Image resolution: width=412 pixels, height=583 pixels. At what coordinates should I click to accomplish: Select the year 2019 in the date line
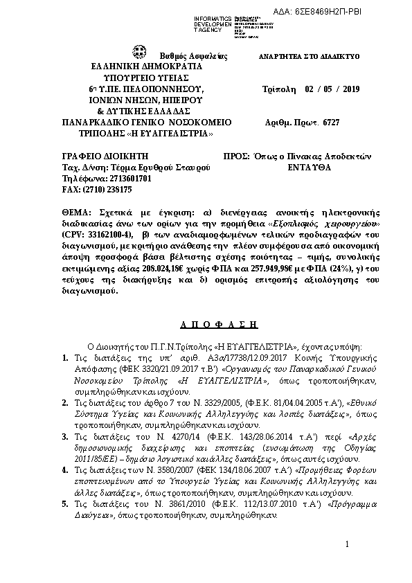pyautogui.click(x=348, y=89)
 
